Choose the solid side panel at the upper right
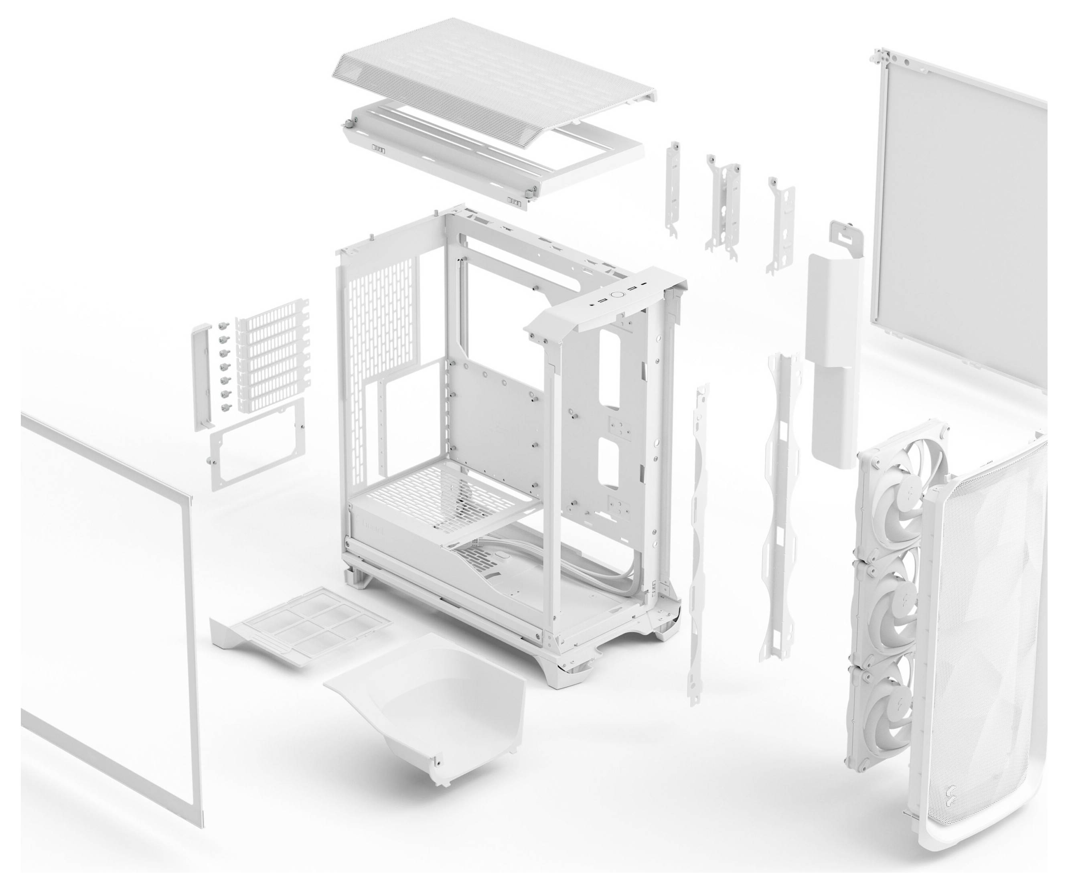pos(956,203)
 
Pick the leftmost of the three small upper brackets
pos(674,188)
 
